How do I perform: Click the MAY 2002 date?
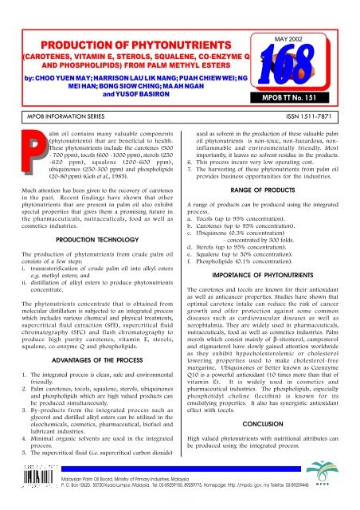point(307,22)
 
